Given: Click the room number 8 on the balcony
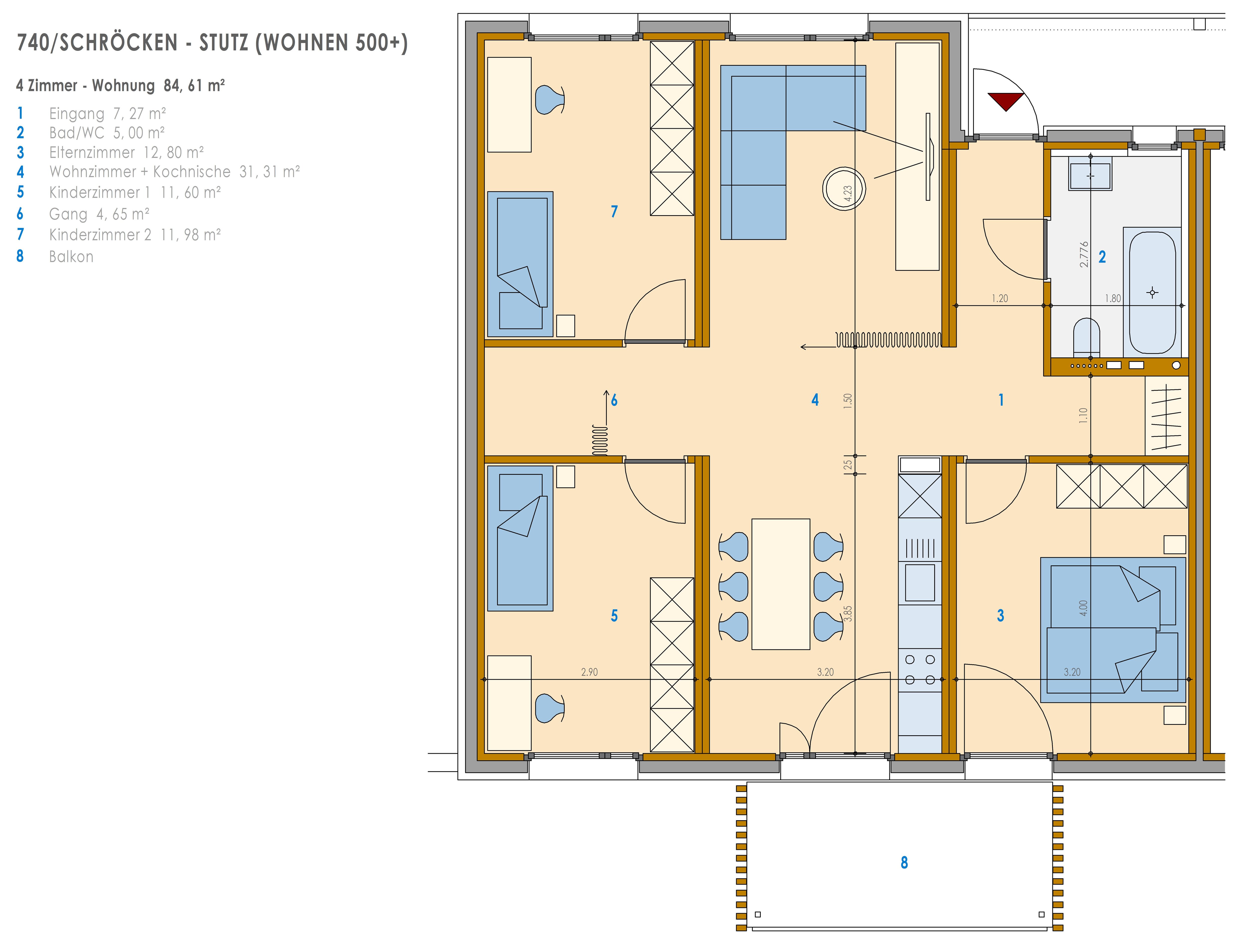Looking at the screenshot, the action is (904, 862).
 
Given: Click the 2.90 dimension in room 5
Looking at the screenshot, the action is (589, 672).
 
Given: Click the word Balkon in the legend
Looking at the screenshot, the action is (71, 257).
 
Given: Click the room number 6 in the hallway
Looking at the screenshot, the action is (614, 400).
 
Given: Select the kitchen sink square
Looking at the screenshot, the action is (920, 582).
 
